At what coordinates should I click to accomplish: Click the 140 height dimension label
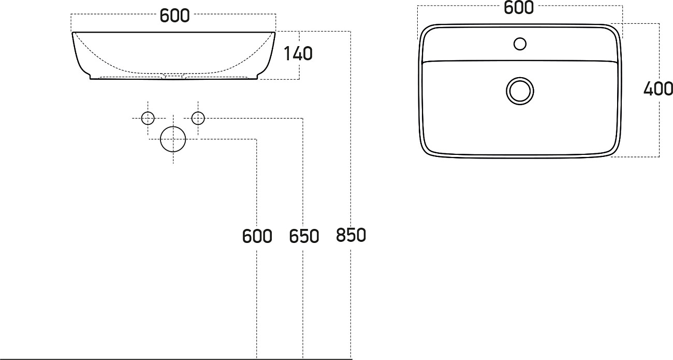[298, 53]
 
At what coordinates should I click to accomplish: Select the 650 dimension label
[304, 236]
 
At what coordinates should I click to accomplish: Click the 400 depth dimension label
[658, 89]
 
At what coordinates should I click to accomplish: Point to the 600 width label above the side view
[174, 16]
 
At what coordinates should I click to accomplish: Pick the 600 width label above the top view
[518, 8]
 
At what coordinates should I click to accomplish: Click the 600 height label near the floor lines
[257, 236]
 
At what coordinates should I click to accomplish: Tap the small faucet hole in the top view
[520, 44]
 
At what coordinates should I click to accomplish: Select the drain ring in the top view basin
[519, 90]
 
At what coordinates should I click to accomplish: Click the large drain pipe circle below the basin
[173, 139]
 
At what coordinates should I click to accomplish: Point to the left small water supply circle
[148, 118]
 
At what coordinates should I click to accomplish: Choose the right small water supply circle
[198, 118]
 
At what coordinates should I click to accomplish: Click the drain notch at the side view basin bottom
[174, 77]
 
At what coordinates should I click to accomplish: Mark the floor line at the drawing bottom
[176, 358]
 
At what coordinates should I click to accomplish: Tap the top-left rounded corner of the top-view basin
[427, 31]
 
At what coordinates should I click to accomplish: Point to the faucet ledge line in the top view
[520, 61]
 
